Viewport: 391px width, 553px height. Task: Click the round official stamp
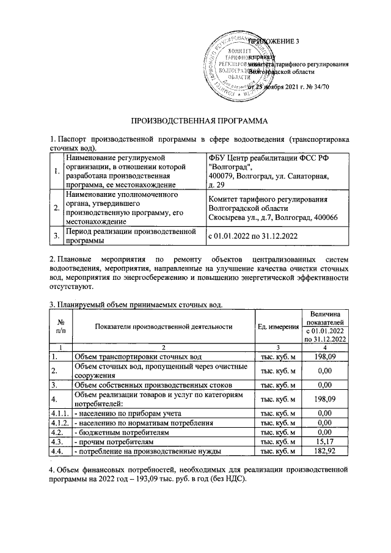pyautogui.click(x=232, y=64)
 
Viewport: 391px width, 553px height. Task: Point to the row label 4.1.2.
pyautogui.click(x=60, y=422)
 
